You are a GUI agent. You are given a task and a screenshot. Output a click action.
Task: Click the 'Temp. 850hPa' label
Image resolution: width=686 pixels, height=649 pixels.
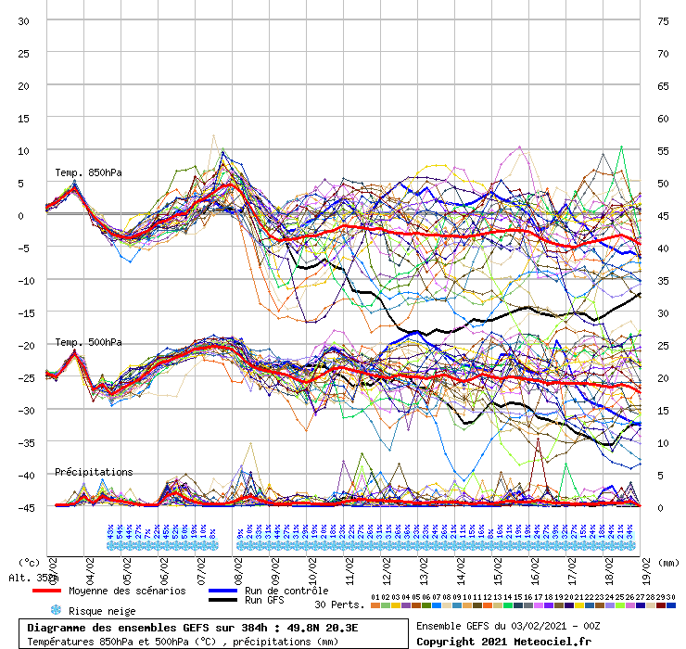click(x=88, y=172)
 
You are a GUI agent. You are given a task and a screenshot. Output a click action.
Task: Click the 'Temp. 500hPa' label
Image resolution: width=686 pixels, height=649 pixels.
click(x=88, y=342)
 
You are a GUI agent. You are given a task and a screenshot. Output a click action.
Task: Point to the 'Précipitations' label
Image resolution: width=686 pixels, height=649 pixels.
click(x=94, y=472)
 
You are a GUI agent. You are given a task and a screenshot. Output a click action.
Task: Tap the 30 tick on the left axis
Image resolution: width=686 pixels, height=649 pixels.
click(x=24, y=20)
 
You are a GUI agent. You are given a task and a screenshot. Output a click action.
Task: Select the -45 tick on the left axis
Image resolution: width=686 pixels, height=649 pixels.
click(x=24, y=507)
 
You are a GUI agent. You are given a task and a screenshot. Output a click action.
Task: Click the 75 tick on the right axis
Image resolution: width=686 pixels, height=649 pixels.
click(x=663, y=20)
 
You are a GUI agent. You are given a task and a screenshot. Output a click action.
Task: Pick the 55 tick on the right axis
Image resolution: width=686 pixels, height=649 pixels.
click(x=663, y=150)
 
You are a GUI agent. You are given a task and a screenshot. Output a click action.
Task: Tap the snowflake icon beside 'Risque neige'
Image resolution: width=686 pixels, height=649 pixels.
click(x=56, y=611)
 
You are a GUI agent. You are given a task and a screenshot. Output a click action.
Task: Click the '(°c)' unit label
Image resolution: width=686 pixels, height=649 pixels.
click(x=30, y=562)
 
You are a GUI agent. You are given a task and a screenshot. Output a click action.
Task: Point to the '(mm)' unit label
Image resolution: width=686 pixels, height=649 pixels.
click(x=668, y=562)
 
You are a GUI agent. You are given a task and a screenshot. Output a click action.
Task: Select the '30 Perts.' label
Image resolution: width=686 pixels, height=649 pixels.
click(x=339, y=604)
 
